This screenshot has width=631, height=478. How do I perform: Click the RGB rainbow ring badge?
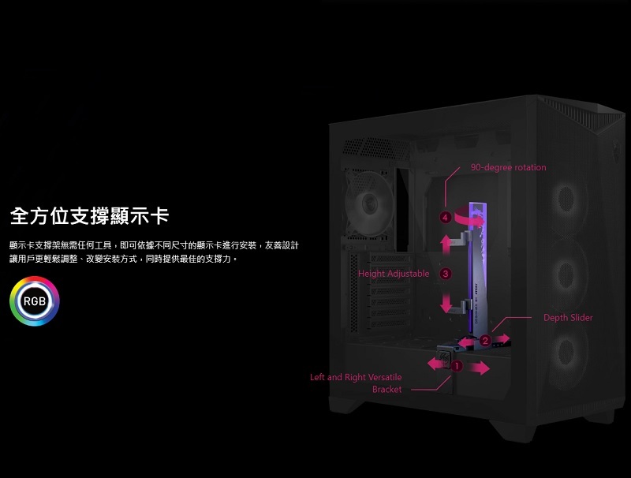pos(35,301)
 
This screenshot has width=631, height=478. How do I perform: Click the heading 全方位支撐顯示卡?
pos(89,215)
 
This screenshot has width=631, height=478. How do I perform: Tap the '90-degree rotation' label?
pos(508,167)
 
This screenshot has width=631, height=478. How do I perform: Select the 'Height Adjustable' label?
pos(394,274)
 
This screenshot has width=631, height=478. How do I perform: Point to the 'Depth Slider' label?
pos(568,318)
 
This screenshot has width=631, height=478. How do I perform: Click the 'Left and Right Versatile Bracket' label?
pos(356,383)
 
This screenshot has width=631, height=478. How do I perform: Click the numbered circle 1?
pos(457,364)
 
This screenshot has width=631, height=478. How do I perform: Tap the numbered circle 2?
pos(485,340)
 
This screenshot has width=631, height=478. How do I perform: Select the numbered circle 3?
pos(446,274)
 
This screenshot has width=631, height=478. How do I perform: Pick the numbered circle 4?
pos(446,217)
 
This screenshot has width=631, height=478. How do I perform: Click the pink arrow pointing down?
pos(447,302)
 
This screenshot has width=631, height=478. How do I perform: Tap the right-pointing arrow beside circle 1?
pos(477,368)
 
